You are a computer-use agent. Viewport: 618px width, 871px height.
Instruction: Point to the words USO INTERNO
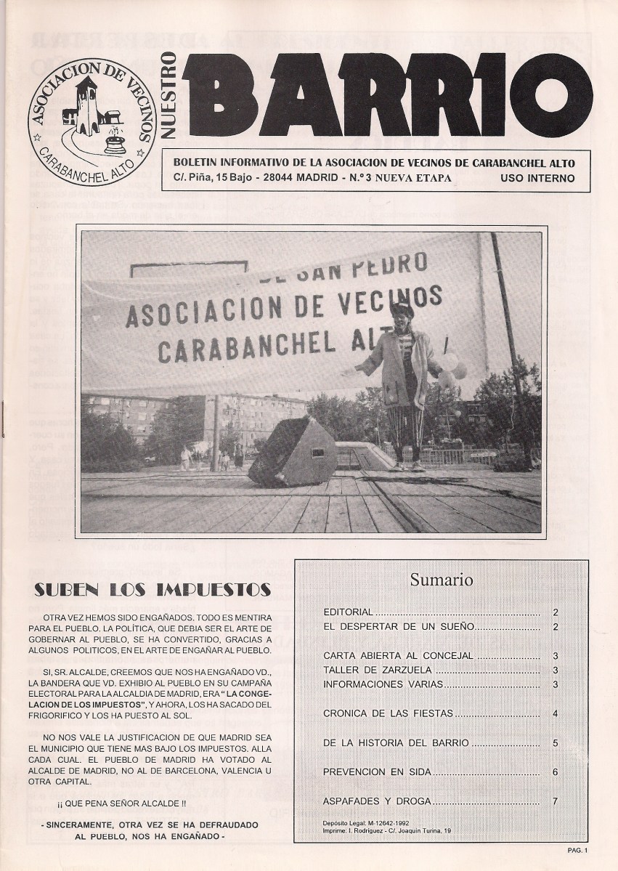[x=537, y=178]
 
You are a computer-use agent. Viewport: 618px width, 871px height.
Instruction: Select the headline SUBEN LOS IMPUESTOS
[x=153, y=589]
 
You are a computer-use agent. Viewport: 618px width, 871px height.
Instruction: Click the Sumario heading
[x=441, y=580]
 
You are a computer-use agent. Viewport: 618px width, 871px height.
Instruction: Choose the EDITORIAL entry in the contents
[x=348, y=612]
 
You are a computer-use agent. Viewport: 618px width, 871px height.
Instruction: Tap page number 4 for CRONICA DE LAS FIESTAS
[x=555, y=713]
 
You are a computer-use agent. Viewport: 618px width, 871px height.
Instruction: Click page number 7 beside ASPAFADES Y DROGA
[x=555, y=801]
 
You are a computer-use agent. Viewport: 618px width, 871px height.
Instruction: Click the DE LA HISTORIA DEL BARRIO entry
[x=396, y=742]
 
